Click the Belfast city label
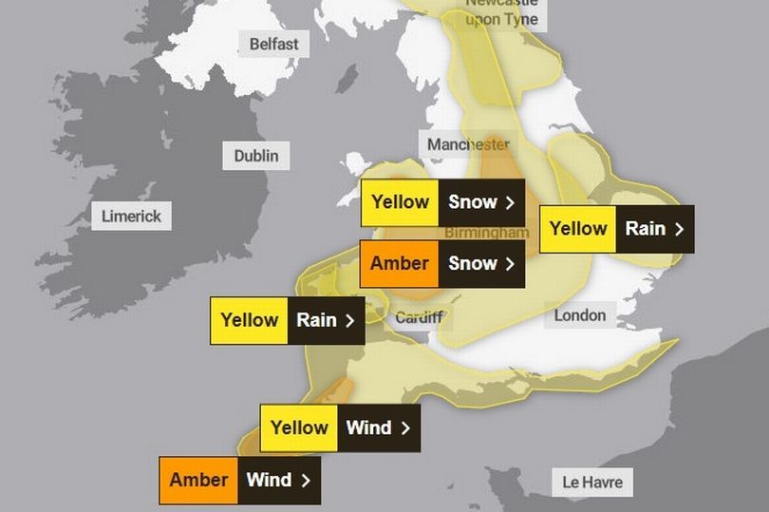tap(273, 44)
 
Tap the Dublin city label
tap(255, 155)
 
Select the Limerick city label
tap(131, 216)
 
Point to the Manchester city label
tap(468, 144)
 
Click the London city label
tap(579, 314)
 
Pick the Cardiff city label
tap(419, 317)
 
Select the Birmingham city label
tap(486, 233)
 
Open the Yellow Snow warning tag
tap(442, 202)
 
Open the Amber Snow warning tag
tap(442, 263)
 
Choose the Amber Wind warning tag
tap(239, 480)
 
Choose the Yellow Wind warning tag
tap(340, 427)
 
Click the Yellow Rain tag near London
tap(616, 229)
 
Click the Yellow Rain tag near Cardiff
tap(288, 320)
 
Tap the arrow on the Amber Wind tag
tap(306, 480)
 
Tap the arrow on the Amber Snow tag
tap(511, 263)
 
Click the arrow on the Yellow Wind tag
tap(405, 427)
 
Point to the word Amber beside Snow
tap(399, 263)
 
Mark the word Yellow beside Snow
tap(400, 202)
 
